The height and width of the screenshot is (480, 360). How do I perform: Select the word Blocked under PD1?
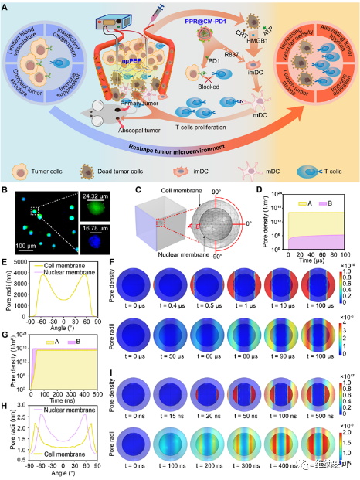coord(203,98)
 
